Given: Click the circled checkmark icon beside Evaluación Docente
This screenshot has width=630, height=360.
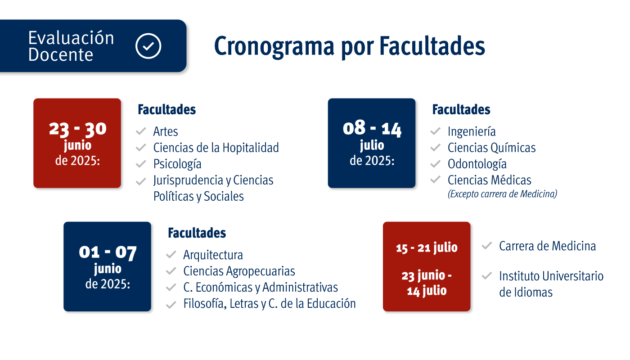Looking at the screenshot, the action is point(148,46).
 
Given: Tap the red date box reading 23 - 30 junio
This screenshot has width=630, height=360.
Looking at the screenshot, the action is point(77,143).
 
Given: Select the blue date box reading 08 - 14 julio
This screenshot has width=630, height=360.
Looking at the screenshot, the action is point(372,143).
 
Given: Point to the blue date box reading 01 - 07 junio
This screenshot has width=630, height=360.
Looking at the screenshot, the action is point(107,266).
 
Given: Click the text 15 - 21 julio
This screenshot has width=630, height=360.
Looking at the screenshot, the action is point(427,248).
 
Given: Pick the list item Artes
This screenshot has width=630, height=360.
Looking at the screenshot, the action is point(166,131).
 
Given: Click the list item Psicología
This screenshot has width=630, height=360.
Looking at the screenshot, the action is point(177,164).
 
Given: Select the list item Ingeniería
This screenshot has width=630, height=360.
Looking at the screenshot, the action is point(472,131).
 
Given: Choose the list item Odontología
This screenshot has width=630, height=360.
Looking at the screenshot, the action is point(477,164).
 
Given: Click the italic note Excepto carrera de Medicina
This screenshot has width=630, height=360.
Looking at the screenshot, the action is point(502,194).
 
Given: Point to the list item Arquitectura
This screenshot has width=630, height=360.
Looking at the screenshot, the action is point(213,255).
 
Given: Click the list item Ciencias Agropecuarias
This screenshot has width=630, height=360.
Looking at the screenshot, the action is point(239,271).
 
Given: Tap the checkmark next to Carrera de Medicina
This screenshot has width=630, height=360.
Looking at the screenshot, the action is point(486,246).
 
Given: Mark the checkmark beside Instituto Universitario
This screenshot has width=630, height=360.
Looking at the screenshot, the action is point(486,275).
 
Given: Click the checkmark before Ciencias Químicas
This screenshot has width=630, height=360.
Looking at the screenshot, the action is point(435,148).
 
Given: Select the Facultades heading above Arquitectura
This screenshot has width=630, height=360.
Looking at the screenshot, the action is point(197,233).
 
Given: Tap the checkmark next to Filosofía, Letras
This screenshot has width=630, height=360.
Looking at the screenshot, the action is point(171,305).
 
